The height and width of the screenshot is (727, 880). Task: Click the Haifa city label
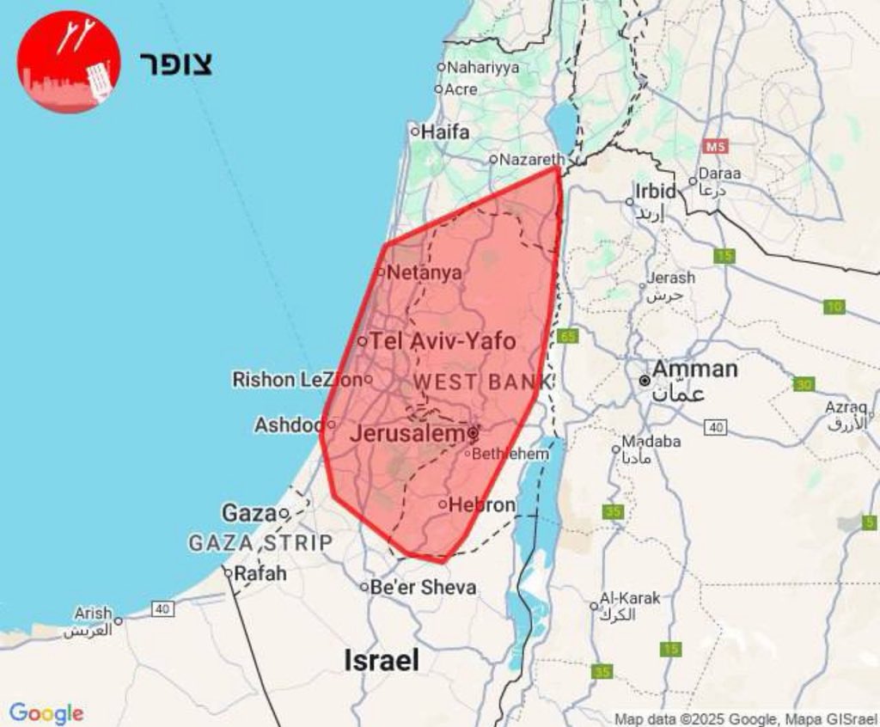445,132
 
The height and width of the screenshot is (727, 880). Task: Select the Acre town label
461,89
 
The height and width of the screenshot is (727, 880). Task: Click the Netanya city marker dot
382,272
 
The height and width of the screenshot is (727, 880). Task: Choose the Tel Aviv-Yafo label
443,341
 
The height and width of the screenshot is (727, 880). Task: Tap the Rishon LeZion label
297,379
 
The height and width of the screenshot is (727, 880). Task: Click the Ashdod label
290,425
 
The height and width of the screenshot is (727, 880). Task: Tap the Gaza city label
249,513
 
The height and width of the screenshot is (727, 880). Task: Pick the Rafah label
260,572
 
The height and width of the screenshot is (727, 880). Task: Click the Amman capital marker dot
645,380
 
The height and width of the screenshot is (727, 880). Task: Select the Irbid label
657,191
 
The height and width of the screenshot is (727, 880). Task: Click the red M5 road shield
715,146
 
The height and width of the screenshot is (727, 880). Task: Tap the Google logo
46,713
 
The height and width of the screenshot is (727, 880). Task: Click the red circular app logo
69,62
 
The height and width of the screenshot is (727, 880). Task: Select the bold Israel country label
382,660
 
